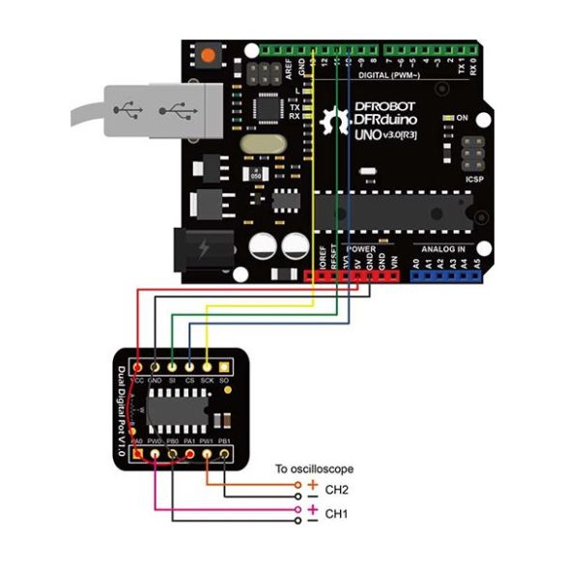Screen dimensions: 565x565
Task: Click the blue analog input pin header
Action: point(445,275)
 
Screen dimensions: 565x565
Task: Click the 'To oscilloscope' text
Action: point(307,468)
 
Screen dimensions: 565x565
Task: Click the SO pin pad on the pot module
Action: point(223,368)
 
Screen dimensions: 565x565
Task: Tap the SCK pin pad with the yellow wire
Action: point(207,368)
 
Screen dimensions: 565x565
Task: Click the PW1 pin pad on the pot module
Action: point(207,453)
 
